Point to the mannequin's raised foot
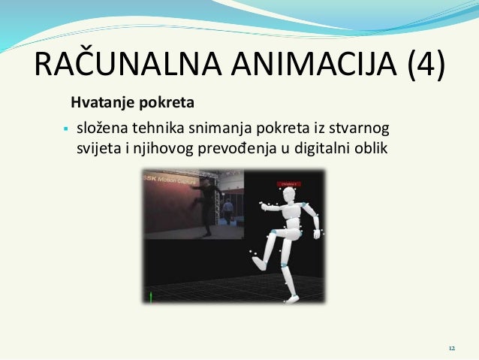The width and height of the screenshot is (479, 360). pos(258,263)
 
